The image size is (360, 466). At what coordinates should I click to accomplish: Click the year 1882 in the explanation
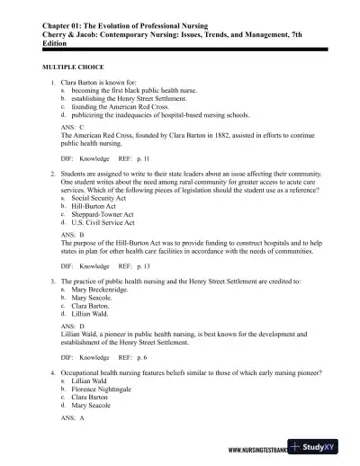tap(215, 136)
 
